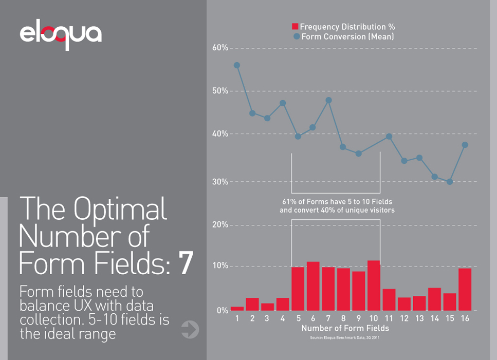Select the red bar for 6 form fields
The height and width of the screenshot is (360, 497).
point(313,286)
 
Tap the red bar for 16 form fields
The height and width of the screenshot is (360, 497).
point(465,290)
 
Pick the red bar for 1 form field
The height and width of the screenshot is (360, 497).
point(237,308)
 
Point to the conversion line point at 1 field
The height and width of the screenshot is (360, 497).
point(237,65)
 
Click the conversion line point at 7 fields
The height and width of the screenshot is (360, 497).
point(328,100)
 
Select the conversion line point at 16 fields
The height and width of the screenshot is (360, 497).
point(465,145)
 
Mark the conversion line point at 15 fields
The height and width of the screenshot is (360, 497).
point(450,182)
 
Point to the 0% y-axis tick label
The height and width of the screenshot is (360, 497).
point(222,310)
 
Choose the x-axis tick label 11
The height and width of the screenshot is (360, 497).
point(389,319)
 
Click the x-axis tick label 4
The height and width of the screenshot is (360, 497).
point(283,319)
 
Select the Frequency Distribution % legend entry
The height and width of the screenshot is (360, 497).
point(343,27)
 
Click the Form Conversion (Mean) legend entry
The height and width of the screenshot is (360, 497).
point(343,36)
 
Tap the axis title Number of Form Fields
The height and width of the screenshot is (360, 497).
point(345,328)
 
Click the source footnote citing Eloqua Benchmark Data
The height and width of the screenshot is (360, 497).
point(345,337)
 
